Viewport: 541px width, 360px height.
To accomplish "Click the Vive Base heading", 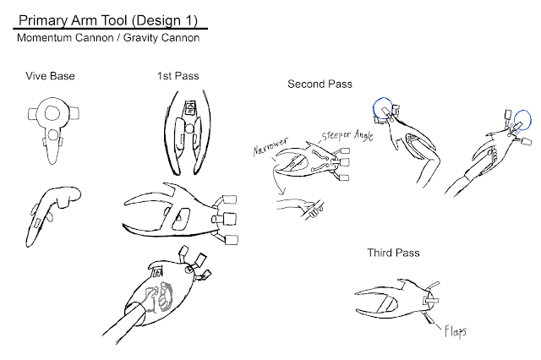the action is tap(50, 76).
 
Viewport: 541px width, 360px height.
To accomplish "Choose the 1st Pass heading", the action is tap(178, 76).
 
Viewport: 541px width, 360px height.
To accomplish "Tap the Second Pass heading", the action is tap(320, 84).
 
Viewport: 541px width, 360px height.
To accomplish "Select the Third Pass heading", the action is tap(393, 253).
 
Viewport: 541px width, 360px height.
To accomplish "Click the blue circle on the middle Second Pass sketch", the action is tap(382, 108).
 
